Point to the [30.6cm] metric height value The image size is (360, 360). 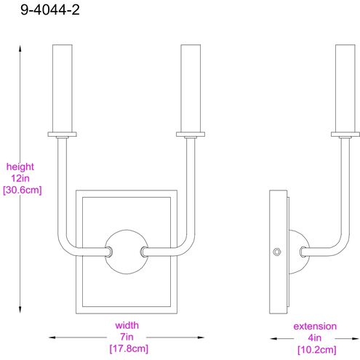(22, 190)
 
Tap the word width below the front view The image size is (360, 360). (127, 325)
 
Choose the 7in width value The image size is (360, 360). (127, 337)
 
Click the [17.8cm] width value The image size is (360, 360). (127, 348)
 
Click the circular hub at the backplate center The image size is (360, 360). (127, 252)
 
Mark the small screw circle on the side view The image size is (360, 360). (276, 252)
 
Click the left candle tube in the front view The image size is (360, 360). (63, 87)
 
